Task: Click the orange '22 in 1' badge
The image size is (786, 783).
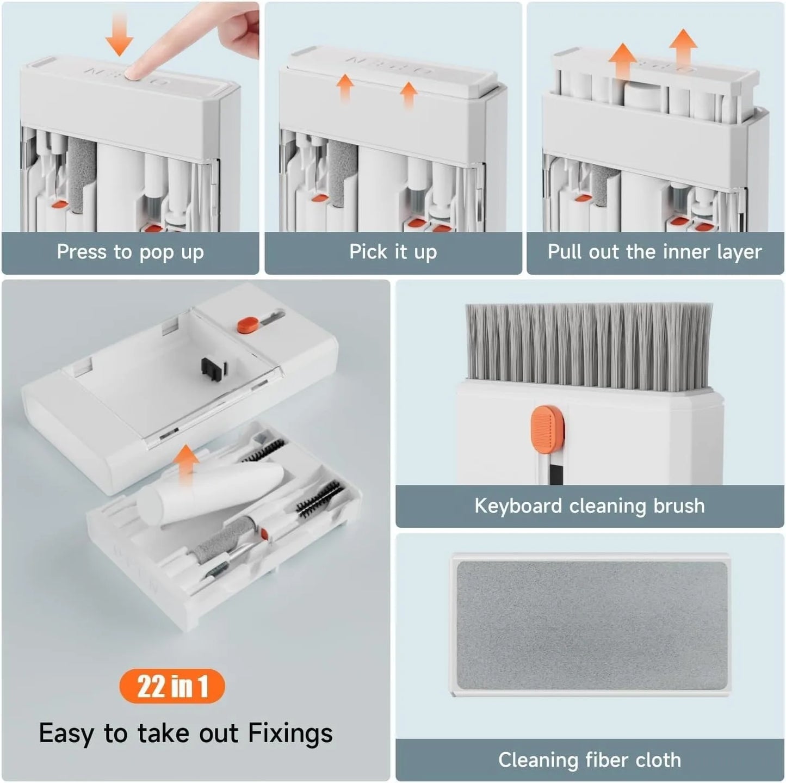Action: [x=172, y=686]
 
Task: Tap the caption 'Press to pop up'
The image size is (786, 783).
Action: [x=130, y=252]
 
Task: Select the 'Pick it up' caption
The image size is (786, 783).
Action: [x=393, y=252]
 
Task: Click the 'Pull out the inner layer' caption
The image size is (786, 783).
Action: [x=654, y=252]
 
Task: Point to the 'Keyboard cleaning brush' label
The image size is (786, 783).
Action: [x=590, y=506]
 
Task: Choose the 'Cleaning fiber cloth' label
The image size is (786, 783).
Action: [x=590, y=760]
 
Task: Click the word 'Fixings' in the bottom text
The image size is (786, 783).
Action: [x=290, y=733]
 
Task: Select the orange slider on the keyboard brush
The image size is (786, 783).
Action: [x=547, y=430]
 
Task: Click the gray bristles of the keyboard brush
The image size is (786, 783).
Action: [x=589, y=346]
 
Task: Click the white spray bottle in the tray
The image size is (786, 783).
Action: [x=209, y=493]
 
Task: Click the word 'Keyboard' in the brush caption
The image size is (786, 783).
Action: [x=518, y=506]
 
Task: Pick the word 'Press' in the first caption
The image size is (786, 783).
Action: [x=82, y=252]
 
